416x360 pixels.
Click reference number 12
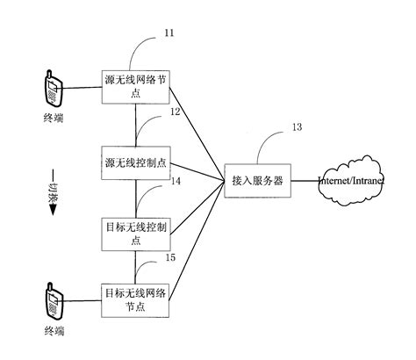(x=175, y=113)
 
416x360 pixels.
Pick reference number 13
(x=296, y=127)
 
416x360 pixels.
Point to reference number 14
(x=176, y=182)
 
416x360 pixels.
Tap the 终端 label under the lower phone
(x=54, y=332)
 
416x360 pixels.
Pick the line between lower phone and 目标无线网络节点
(x=84, y=301)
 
